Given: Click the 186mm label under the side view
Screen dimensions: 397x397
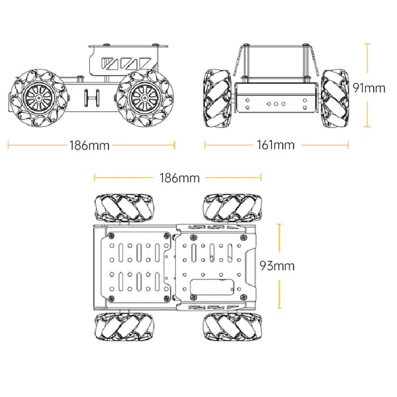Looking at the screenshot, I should pyautogui.click(x=89, y=145).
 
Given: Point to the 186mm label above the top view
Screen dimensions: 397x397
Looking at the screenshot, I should pyautogui.click(x=179, y=177).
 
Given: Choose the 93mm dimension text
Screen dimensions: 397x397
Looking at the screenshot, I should pyautogui.click(x=295, y=266).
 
